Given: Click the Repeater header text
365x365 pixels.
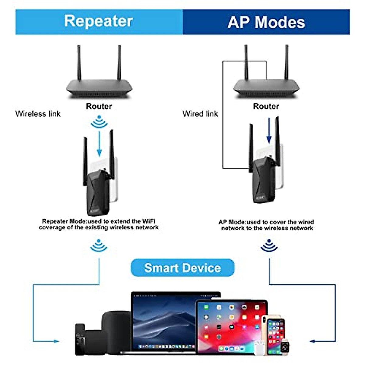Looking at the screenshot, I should pos(99,22).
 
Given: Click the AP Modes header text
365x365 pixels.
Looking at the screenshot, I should pos(266,22).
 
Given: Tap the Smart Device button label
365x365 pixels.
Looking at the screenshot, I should pos(182,268).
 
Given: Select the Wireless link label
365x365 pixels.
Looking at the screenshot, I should pos(38,114).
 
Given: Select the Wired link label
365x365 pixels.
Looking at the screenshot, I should pos(200,114).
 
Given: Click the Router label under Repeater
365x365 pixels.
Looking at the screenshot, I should pos(99,106).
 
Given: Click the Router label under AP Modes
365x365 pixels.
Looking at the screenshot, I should pos(266,106).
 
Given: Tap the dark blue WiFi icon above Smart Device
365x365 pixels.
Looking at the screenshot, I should pos(269,246).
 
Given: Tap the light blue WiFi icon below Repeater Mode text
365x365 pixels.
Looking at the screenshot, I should pos(99,246).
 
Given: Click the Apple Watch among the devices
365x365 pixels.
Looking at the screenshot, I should pos(285,346).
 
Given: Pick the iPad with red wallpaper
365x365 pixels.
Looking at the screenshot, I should pos(231,325).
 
